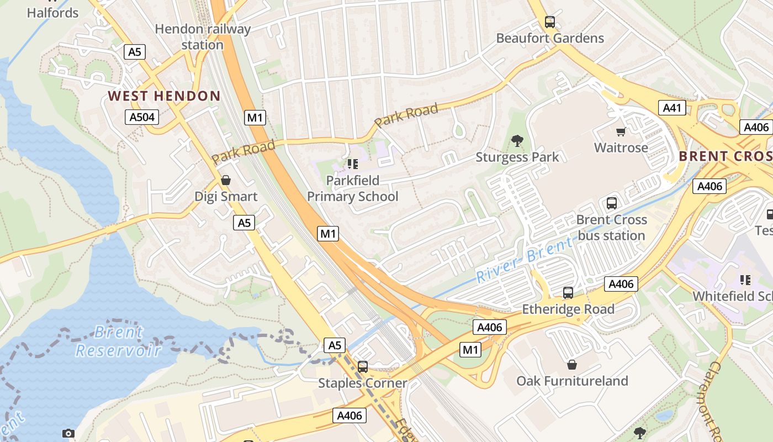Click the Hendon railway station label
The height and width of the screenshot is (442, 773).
click(203, 36)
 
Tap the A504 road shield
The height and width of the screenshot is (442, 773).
click(142, 117)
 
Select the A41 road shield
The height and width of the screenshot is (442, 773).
click(672, 108)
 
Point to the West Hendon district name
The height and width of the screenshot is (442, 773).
click(164, 96)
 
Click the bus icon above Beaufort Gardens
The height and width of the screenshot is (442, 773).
click(550, 22)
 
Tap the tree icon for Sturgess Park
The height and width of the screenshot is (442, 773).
click(517, 141)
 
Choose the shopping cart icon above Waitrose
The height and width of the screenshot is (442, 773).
click(621, 131)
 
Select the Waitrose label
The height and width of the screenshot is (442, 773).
click(621, 148)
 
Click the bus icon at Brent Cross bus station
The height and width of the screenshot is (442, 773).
click(612, 203)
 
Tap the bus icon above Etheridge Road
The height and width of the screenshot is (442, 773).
click(568, 293)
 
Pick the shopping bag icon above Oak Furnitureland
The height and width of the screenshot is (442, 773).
click(572, 365)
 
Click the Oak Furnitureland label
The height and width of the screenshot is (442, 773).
click(572, 381)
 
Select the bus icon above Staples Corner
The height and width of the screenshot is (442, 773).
click(363, 366)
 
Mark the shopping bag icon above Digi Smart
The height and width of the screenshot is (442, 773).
click(225, 180)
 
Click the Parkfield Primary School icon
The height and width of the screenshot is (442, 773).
click(353, 164)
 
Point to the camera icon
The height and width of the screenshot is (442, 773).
click(68, 433)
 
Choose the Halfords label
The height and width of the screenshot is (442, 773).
click(53, 12)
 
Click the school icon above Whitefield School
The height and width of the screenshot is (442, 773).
click(745, 280)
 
